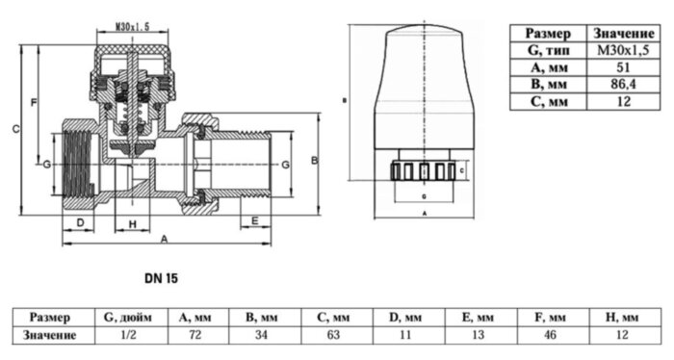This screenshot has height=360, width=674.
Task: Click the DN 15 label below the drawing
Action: click(162, 278)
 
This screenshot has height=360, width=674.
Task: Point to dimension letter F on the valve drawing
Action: click(34, 101)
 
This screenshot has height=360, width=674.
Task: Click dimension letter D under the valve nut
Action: click(82, 223)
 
